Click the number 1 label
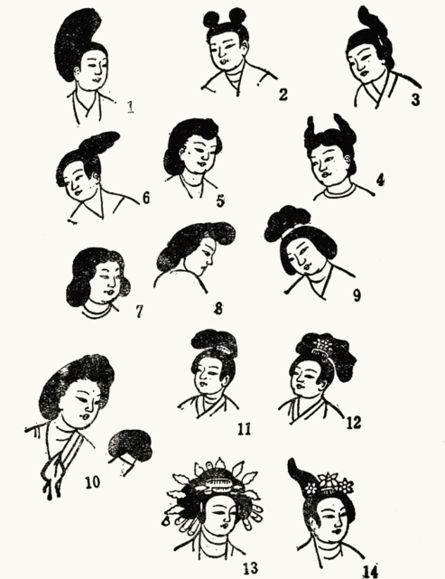(x=131, y=107)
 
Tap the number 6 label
(x=146, y=198)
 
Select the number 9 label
(x=357, y=295)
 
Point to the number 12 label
(x=353, y=423)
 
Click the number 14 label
(x=370, y=571)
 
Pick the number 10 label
(x=92, y=481)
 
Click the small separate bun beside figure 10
(x=130, y=447)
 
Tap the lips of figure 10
(x=86, y=416)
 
